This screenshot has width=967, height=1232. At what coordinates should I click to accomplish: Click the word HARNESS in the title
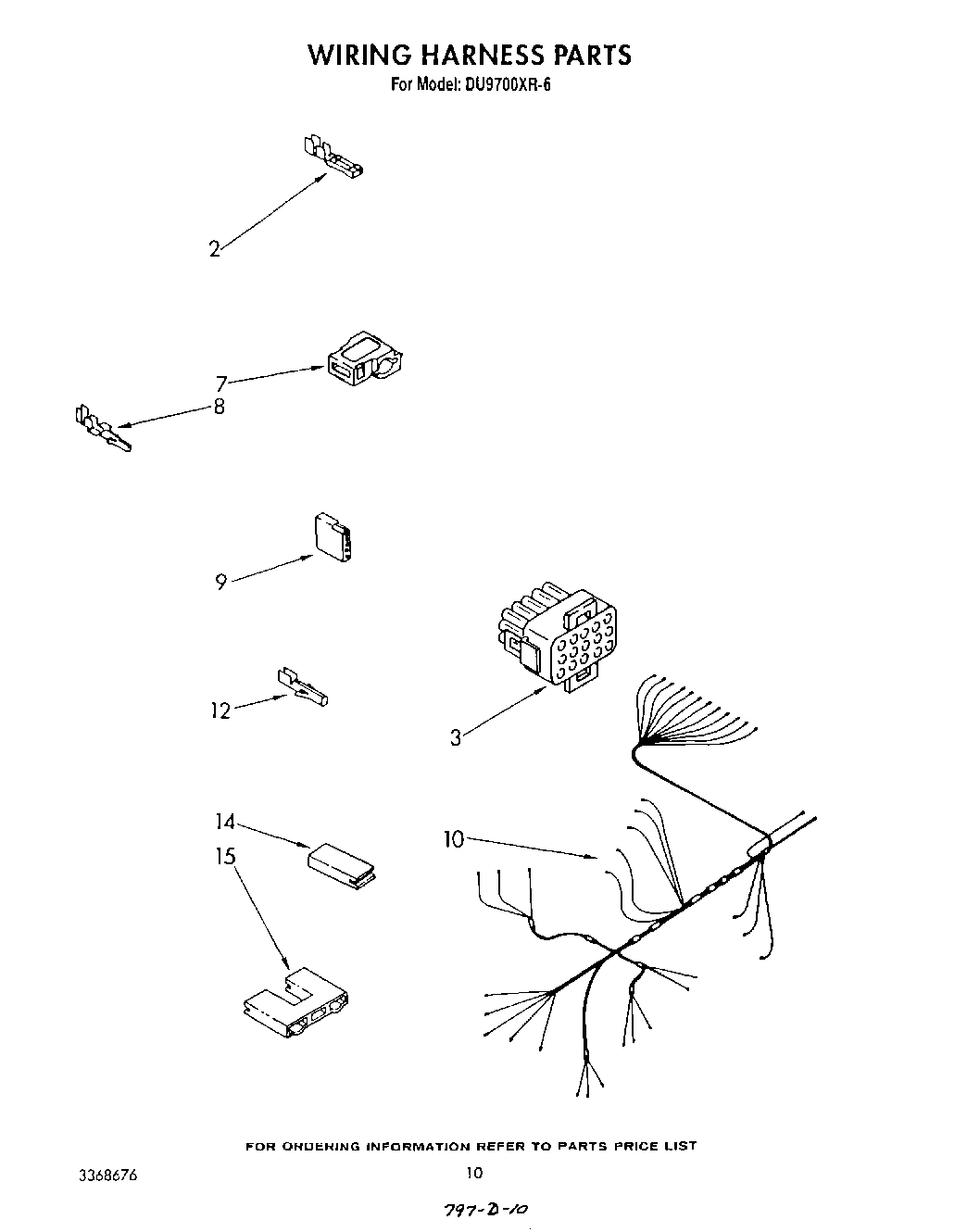481,55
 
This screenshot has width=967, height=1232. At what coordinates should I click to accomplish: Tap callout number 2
215,249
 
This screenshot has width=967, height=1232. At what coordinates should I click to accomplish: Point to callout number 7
221,383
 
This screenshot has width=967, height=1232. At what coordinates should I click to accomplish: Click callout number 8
220,407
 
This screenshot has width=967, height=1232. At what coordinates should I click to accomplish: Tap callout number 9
220,583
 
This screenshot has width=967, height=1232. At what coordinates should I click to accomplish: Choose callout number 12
220,711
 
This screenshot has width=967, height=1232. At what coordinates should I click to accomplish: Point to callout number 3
456,738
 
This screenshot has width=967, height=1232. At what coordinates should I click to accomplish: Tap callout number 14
225,821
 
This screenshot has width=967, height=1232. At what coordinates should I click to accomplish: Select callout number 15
226,857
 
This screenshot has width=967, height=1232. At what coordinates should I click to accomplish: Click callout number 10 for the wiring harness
454,839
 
